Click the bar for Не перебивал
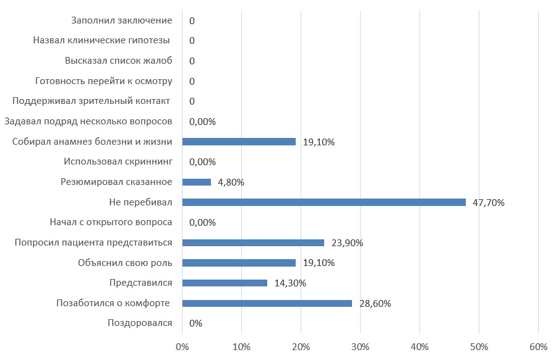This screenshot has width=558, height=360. coord(324,202)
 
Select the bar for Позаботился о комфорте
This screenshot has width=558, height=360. coord(267,303)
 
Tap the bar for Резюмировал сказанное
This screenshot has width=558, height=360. coord(197,182)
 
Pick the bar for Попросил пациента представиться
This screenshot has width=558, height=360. coord(253,242)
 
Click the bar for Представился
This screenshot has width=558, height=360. coord(225,283)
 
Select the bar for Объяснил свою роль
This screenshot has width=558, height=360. coord(239,263)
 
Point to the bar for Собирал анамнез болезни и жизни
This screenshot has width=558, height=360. coord(239,142)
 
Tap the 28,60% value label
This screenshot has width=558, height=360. coord(375,303)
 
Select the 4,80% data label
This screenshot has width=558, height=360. coord(231,182)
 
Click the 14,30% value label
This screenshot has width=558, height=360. coord(290,283)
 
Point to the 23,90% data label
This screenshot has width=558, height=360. coord(347,243)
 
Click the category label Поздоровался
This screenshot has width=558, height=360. coord(140,323)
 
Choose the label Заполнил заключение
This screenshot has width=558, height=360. coord(121,20)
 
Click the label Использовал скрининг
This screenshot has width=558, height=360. coord(118,162)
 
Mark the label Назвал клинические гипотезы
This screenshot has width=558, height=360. coord(101,41)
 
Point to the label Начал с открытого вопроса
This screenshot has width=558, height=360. coord(111,222)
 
